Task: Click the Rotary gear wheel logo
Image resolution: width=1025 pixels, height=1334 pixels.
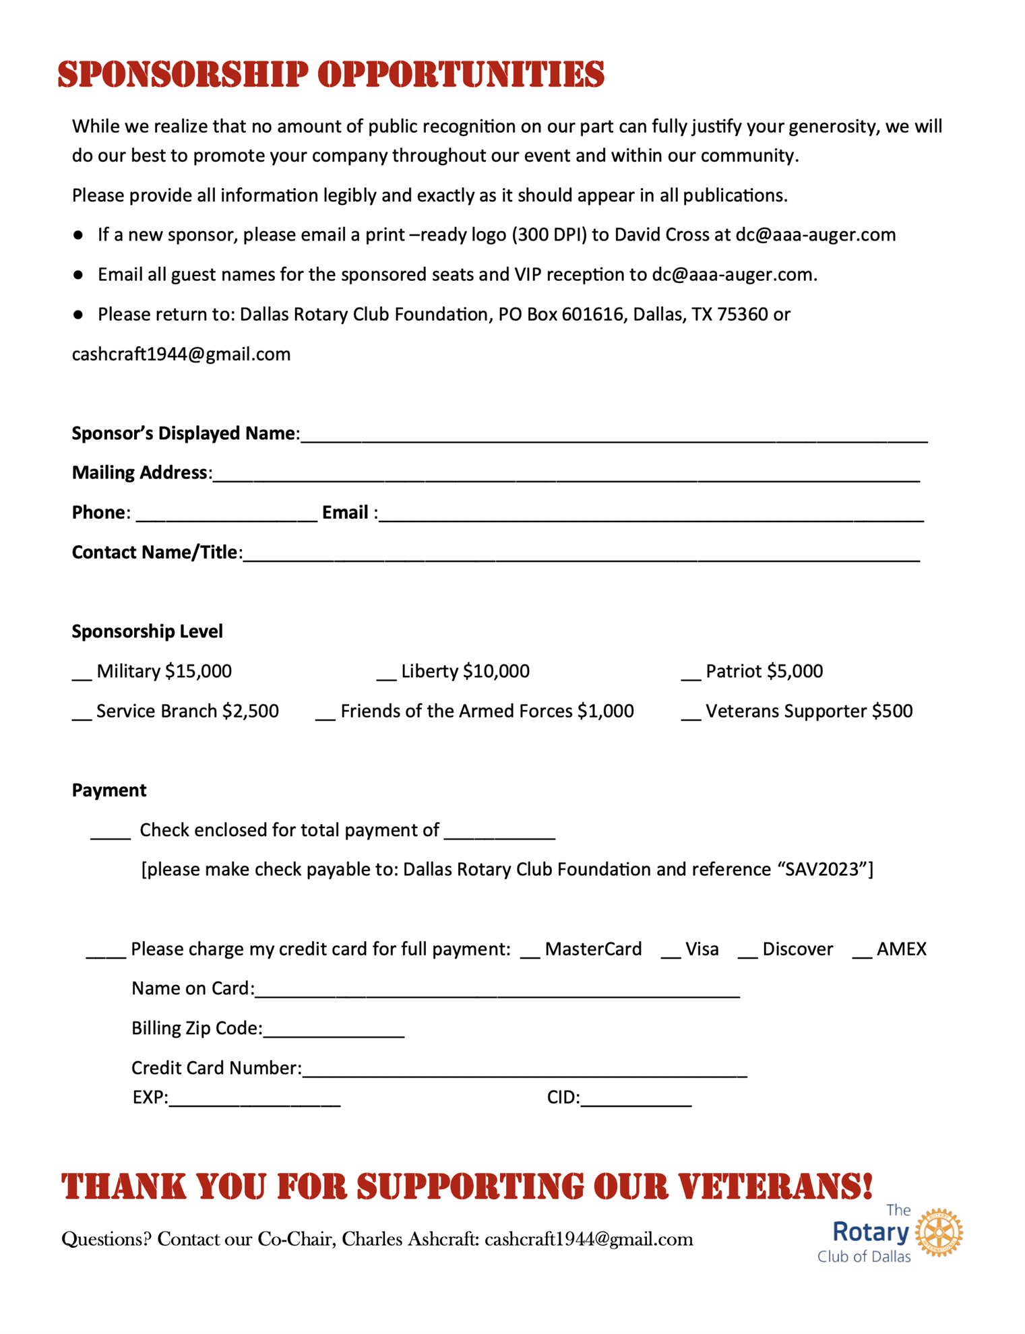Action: [939, 1232]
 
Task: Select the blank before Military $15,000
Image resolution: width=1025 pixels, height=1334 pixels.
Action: [82, 676]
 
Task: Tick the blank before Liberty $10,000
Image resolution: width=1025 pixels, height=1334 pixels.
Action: [386, 676]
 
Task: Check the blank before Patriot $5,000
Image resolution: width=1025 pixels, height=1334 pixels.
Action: [691, 676]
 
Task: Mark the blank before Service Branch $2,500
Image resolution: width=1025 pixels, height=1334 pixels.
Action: [82, 716]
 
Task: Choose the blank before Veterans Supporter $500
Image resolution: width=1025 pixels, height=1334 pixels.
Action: [691, 716]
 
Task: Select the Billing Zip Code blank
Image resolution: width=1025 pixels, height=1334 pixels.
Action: [334, 1034]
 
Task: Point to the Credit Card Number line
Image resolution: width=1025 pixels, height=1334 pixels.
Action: [524, 1073]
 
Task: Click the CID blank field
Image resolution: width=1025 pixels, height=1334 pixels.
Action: [635, 1103]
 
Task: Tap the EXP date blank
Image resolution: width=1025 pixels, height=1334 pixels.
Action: [254, 1103]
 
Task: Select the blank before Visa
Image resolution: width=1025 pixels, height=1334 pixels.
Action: [671, 954]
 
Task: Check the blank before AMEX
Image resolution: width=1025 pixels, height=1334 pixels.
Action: [862, 954]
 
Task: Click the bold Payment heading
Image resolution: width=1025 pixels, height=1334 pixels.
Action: [109, 790]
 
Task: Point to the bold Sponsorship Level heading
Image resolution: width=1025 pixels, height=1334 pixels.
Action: [147, 631]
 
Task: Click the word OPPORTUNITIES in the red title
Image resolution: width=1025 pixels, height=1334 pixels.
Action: [460, 74]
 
